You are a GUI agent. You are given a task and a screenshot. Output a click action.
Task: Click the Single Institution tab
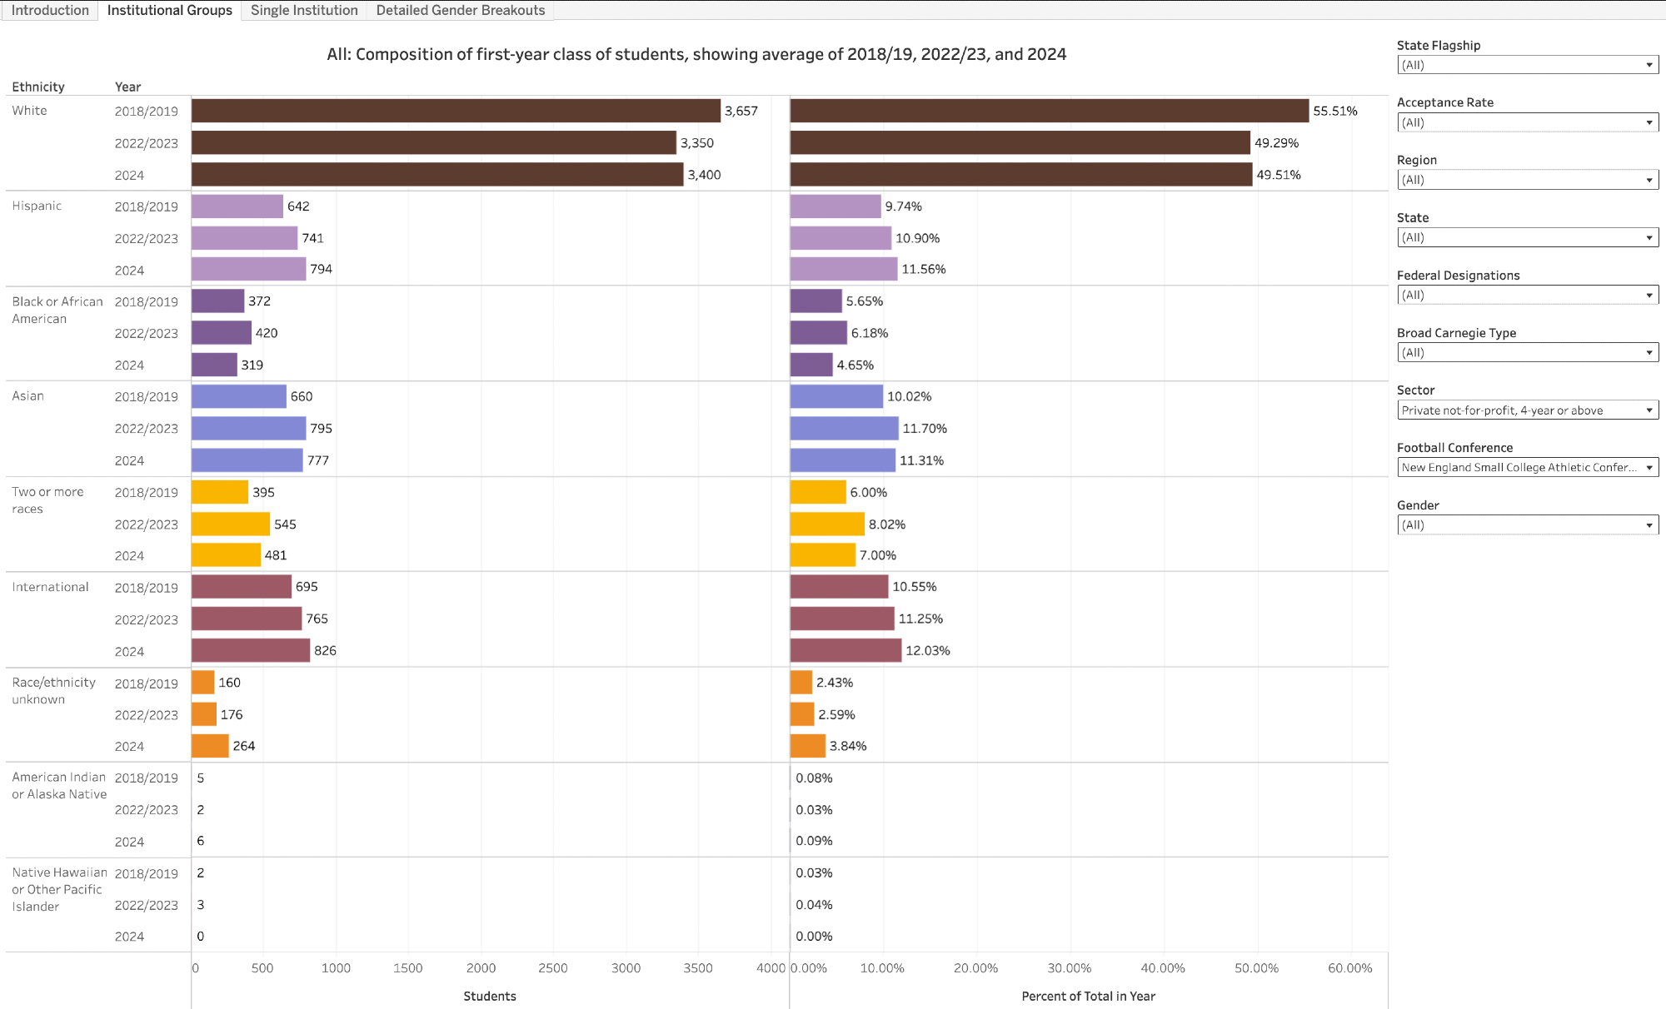[x=304, y=10]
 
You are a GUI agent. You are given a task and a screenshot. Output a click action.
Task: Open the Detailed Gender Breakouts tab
[x=460, y=10]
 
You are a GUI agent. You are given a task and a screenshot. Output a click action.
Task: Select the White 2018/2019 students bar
[x=456, y=111]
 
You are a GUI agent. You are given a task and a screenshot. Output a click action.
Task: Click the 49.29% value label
[x=1276, y=143]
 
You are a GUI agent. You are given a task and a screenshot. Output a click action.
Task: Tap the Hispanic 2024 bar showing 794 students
[x=248, y=270]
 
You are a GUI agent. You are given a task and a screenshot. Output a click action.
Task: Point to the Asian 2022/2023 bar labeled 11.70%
[x=844, y=429]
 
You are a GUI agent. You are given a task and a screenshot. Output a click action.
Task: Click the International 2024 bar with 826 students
[x=251, y=651]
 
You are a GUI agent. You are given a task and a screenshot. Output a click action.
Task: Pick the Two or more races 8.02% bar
[x=827, y=524]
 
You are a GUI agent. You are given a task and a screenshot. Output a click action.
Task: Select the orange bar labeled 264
[x=210, y=746]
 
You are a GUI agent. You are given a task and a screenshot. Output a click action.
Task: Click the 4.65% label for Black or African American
[x=855, y=365]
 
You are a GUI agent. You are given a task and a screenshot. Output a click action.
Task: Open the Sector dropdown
[x=1527, y=410]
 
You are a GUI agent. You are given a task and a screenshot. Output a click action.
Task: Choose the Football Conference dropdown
[x=1527, y=468]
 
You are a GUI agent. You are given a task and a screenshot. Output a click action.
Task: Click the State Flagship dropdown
[x=1527, y=65]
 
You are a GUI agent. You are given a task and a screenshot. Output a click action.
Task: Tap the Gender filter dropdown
[x=1527, y=525]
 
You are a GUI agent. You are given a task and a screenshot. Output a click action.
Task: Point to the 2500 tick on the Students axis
[x=553, y=968]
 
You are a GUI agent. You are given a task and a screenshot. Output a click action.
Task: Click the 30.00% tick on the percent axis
[x=1069, y=968]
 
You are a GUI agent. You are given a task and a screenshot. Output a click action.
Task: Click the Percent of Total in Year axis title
[x=1088, y=997]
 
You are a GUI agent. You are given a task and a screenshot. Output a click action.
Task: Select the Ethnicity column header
[x=38, y=87]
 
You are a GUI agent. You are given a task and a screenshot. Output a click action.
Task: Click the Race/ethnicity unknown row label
[x=53, y=691]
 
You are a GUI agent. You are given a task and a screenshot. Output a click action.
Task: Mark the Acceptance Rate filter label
[x=1444, y=102]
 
